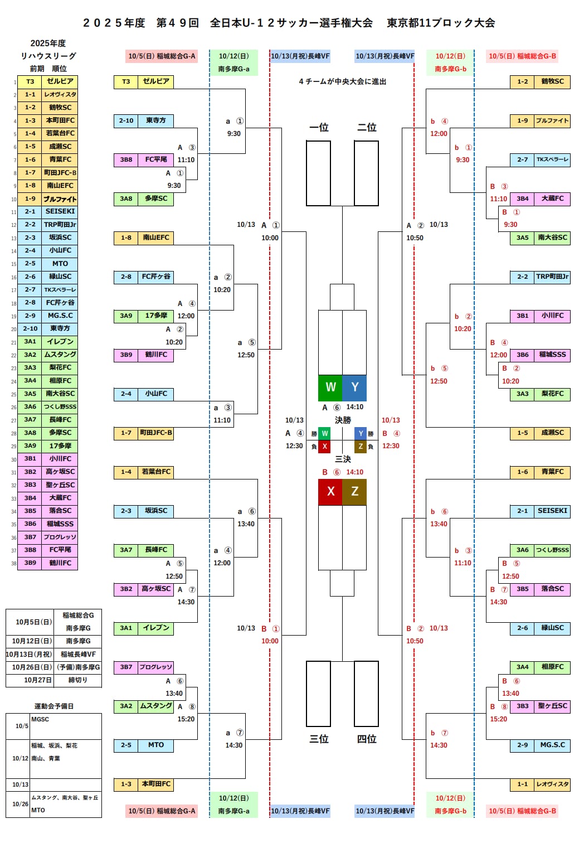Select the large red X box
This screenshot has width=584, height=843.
(330, 491)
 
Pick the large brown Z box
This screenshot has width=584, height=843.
(354, 491)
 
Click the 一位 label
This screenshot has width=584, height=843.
(319, 128)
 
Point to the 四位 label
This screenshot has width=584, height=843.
(367, 739)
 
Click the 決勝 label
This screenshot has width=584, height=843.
(343, 420)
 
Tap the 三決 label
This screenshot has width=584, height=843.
(343, 459)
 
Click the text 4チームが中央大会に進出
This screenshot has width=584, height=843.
(343, 81)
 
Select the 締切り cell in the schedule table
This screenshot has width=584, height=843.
(78, 680)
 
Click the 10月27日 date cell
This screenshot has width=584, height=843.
(30, 680)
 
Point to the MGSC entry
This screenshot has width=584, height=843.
(40, 719)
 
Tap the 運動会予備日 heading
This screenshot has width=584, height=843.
(54, 706)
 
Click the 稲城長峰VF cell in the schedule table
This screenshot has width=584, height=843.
(78, 654)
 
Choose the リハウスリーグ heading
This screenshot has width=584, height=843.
(48, 56)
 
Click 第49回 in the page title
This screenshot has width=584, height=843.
(177, 23)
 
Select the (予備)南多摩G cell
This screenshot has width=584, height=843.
(78, 667)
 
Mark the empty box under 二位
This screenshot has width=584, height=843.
(366, 173)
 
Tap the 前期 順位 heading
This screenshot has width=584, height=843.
(48, 69)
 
